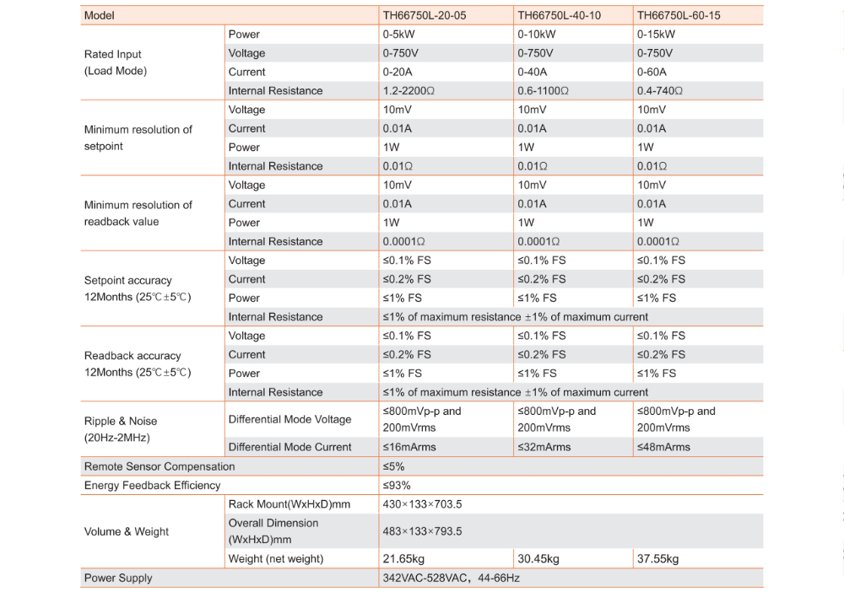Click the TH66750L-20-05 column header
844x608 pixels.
tap(424, 15)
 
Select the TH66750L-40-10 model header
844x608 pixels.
tap(559, 15)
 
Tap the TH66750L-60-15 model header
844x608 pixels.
tap(679, 15)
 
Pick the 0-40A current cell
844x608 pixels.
tap(534, 72)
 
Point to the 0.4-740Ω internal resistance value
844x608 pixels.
tap(660, 91)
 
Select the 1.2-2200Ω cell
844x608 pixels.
tap(409, 91)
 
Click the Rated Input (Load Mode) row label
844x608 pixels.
tap(116, 62)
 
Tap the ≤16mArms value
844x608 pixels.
tap(409, 447)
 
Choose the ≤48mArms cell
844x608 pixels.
tap(663, 447)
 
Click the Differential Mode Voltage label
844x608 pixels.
tap(289, 419)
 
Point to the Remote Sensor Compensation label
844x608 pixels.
tap(160, 466)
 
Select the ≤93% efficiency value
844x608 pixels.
tap(397, 486)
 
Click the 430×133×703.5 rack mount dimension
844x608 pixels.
tap(422, 504)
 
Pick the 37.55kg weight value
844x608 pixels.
tap(657, 559)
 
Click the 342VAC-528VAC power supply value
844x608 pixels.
tap(451, 578)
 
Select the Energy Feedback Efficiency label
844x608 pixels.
tap(152, 486)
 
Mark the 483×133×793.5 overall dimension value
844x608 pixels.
tap(422, 531)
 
